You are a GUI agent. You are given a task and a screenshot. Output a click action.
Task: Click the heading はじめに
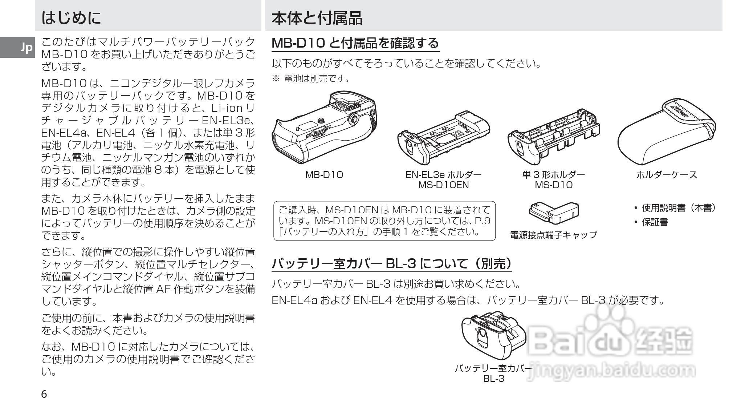click(x=71, y=18)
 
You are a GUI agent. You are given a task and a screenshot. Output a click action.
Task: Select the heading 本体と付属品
click(x=317, y=18)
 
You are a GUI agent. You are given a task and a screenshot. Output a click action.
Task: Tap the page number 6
click(x=44, y=394)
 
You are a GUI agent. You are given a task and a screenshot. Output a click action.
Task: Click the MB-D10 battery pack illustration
click(x=324, y=127)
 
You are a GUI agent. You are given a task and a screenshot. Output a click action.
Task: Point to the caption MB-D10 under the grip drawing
click(x=324, y=175)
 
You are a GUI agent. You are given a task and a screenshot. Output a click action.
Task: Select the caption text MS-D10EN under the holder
click(x=443, y=185)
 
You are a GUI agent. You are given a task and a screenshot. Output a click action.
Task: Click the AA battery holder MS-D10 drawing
click(x=553, y=136)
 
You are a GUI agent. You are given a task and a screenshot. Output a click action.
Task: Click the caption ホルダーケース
click(x=667, y=175)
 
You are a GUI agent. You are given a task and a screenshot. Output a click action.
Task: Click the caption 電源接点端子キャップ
click(x=553, y=235)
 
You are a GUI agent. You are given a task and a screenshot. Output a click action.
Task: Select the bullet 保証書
click(x=655, y=222)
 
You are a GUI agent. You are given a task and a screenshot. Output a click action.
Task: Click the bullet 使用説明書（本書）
click(x=678, y=208)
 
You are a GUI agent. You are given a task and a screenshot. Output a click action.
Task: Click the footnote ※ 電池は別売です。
click(x=311, y=78)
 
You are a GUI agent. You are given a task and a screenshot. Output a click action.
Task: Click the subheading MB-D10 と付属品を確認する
click(x=355, y=43)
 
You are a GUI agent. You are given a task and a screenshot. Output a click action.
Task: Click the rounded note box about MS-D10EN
click(x=384, y=221)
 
